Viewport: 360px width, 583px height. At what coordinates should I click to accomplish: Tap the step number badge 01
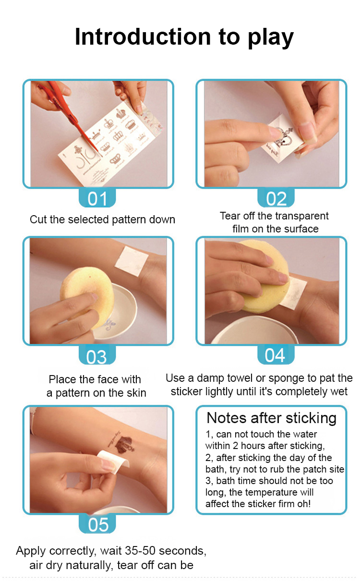[97, 198]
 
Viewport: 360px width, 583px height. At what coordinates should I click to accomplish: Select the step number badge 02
[276, 198]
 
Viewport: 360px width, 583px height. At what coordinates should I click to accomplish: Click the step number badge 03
[97, 355]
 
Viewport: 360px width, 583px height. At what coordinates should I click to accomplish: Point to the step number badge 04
[276, 355]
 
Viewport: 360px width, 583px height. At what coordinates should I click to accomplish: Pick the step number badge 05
[97, 523]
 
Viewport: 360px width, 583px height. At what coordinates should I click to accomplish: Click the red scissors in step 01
[68, 114]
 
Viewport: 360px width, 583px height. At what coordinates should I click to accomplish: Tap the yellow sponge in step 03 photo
[87, 297]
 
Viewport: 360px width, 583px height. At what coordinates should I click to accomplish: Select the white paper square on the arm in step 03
[132, 261]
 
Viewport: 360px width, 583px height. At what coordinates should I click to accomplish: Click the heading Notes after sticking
[271, 418]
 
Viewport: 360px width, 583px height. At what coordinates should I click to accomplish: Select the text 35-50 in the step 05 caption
[140, 551]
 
